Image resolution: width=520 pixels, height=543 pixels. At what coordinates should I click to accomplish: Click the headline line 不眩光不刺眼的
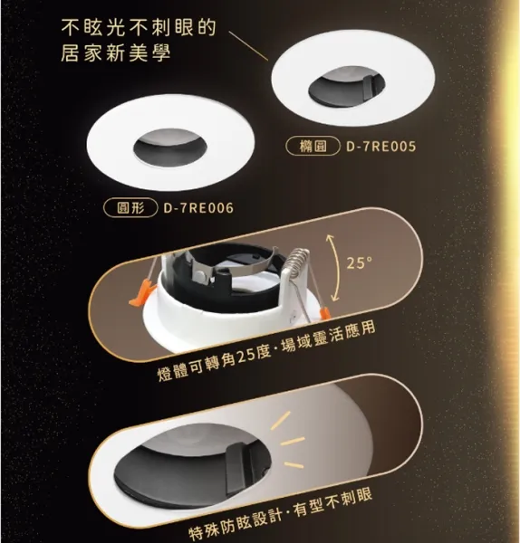(x=138, y=26)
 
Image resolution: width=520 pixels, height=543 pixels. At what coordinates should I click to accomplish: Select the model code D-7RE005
(x=381, y=145)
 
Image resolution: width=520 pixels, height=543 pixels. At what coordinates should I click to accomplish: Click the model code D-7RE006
(x=198, y=207)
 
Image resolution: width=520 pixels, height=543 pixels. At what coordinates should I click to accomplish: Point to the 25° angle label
(x=360, y=263)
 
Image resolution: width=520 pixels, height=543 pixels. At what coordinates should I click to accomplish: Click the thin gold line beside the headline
(x=250, y=44)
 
